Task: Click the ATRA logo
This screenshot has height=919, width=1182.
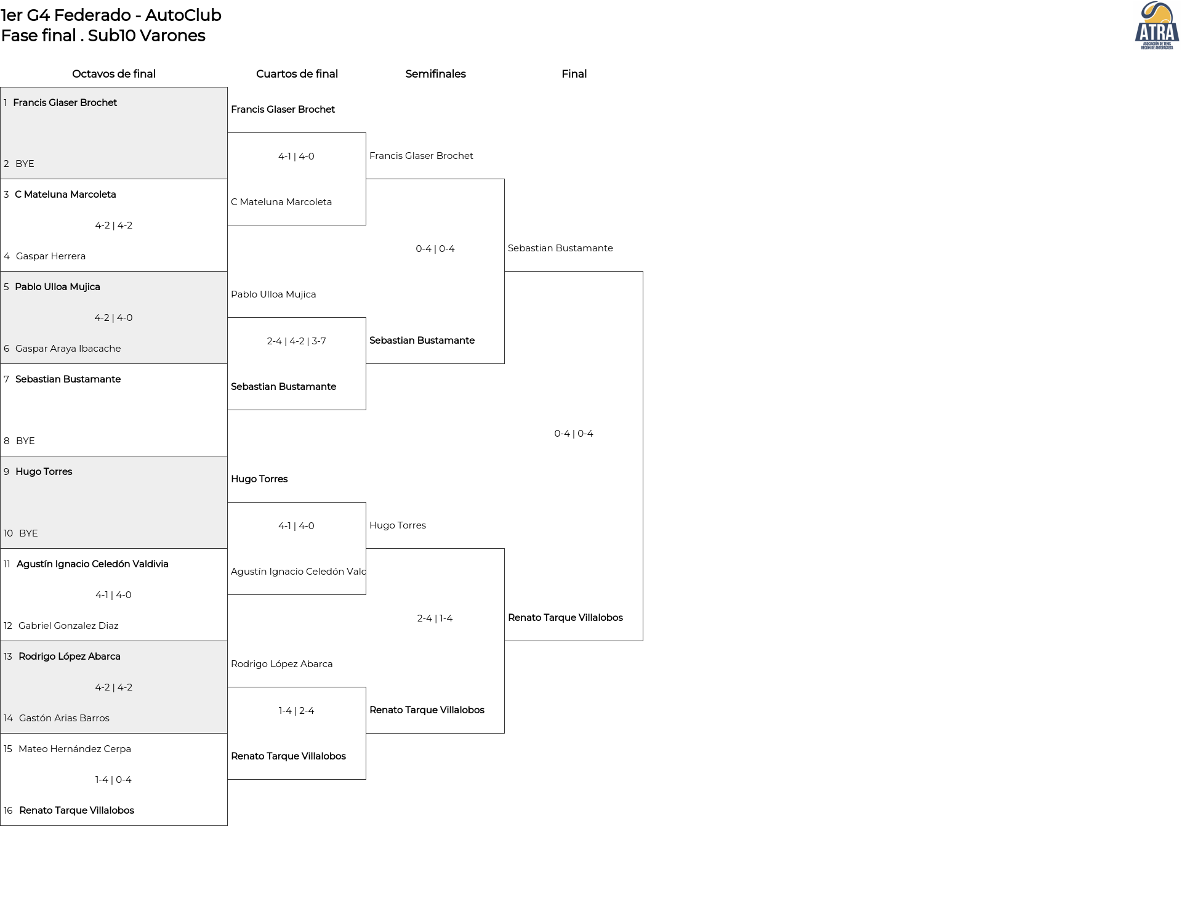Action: pyautogui.click(x=1157, y=25)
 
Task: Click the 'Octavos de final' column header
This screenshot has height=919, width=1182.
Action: pyautogui.click(x=114, y=74)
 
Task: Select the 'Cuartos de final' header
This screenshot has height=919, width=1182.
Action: pyautogui.click(x=297, y=74)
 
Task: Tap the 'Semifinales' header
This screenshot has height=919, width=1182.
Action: pyautogui.click(x=435, y=74)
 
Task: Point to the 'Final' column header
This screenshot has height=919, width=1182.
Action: pyautogui.click(x=574, y=74)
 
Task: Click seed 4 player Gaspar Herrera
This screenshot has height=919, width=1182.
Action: pyautogui.click(x=50, y=256)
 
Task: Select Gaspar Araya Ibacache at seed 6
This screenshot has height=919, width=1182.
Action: pyautogui.click(x=68, y=349)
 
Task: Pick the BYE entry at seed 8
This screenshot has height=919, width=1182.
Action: pyautogui.click(x=25, y=441)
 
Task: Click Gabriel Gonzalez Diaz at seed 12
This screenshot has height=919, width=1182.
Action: pyautogui.click(x=68, y=626)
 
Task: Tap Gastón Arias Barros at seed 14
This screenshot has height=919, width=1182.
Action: pyautogui.click(x=64, y=718)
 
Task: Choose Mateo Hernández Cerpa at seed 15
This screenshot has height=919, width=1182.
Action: pyautogui.click(x=74, y=749)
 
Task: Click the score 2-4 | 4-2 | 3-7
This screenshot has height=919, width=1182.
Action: pyautogui.click(x=296, y=341)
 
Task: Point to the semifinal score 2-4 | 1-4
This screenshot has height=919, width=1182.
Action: pyautogui.click(x=435, y=618)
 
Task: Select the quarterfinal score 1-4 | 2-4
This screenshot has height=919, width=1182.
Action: pyautogui.click(x=296, y=711)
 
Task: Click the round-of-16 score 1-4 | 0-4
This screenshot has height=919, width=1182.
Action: pyautogui.click(x=113, y=780)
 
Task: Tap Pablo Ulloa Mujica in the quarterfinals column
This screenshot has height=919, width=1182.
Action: pyautogui.click(x=273, y=294)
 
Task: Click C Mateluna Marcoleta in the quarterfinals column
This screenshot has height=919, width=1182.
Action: pyautogui.click(x=281, y=202)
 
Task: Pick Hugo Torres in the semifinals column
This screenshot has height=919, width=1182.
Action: pyautogui.click(x=398, y=525)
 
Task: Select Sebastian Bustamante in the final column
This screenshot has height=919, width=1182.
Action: pyautogui.click(x=560, y=248)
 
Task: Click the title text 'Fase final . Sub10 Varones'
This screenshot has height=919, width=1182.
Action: pyautogui.click(x=103, y=36)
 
